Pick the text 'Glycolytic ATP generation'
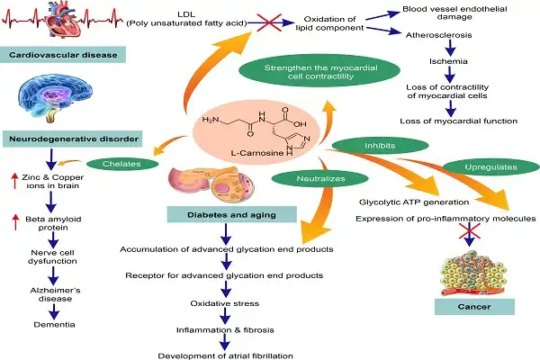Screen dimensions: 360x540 (409, 202)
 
